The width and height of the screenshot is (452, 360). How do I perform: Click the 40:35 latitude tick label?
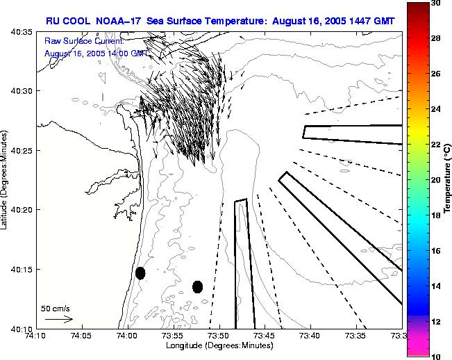[23, 32]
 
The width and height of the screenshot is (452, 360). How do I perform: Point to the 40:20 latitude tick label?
[23, 210]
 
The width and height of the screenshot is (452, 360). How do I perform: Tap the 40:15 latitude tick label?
[23, 270]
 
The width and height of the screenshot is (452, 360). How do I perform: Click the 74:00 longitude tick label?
[127, 336]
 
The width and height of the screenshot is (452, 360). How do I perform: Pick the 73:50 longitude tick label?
[219, 336]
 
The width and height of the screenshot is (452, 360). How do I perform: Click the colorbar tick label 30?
[437, 3]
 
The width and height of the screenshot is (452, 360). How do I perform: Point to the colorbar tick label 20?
[437, 179]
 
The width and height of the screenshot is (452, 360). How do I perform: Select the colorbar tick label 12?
[437, 321]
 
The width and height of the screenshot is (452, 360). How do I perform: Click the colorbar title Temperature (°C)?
[448, 179]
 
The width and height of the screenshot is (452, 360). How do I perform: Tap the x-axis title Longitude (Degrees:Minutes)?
[219, 345]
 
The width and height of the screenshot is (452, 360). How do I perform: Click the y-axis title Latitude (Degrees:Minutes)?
[6, 180]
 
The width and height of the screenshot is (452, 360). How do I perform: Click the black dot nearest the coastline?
[140, 273]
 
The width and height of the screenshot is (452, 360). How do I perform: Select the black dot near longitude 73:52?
[197, 286]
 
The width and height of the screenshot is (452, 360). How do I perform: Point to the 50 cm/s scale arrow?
[58, 319]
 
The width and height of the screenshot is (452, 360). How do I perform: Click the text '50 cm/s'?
[55, 308]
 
